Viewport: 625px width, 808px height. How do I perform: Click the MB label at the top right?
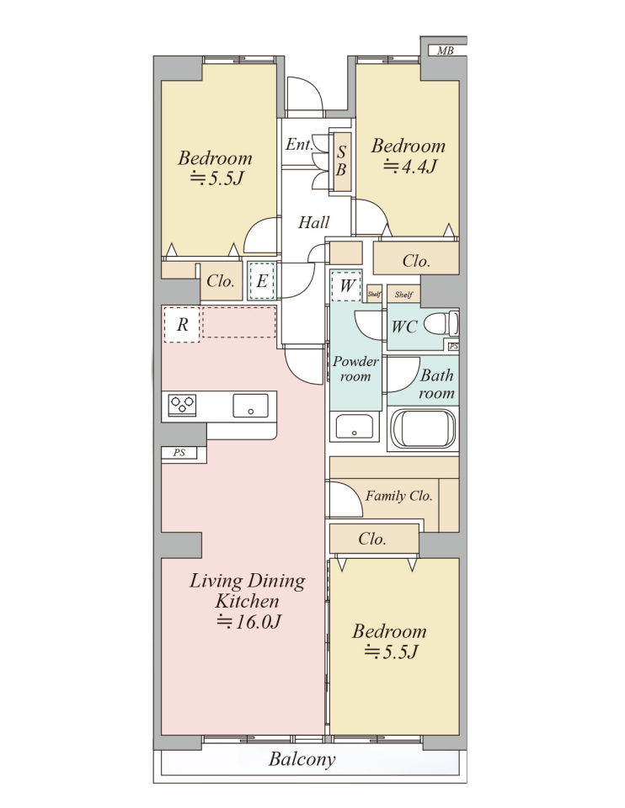click(x=445, y=50)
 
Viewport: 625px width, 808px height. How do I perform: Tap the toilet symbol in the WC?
click(x=441, y=324)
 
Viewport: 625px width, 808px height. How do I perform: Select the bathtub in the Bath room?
click(x=424, y=428)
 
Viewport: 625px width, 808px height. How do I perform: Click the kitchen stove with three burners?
click(x=183, y=405)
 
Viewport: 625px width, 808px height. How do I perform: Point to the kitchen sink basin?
click(x=251, y=406)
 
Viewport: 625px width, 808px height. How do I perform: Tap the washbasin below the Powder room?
click(x=355, y=426)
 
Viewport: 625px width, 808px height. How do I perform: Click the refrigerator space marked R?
click(x=182, y=325)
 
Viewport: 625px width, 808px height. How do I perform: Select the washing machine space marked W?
click(x=346, y=285)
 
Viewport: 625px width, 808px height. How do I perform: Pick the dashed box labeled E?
click(x=262, y=281)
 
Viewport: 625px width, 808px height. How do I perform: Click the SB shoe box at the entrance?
click(x=341, y=162)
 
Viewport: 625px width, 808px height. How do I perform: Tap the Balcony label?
click(x=302, y=759)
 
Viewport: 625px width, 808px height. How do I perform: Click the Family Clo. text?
click(x=398, y=497)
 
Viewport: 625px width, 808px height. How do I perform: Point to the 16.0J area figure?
click(x=248, y=622)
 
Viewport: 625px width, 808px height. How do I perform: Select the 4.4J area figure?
click(x=410, y=167)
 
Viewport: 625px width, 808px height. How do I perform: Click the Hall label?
click(x=313, y=222)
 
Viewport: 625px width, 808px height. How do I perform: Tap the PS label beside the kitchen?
click(x=179, y=453)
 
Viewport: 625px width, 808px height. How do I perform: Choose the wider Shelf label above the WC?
click(x=403, y=295)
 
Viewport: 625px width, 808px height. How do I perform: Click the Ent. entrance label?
click(x=299, y=144)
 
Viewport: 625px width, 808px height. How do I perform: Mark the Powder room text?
click(x=355, y=369)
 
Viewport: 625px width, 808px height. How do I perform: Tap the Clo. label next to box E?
click(x=220, y=281)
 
